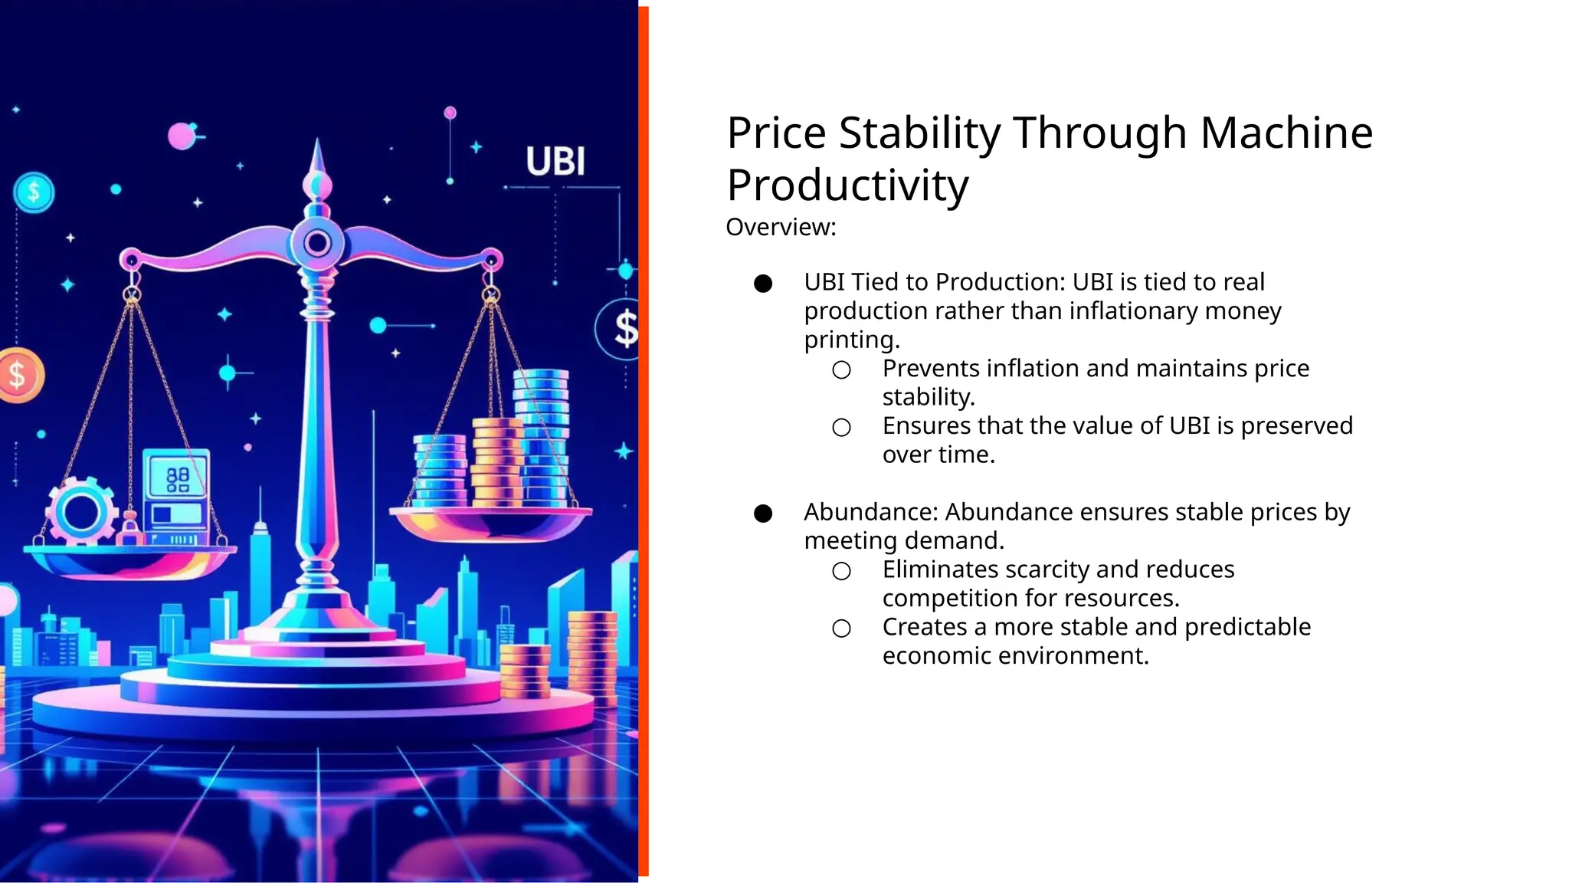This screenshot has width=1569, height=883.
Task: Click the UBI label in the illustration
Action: point(555,162)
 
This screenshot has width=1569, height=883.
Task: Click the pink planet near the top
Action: point(182,136)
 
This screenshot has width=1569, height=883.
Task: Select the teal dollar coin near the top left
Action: point(34,192)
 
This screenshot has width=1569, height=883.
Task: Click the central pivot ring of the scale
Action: point(317,244)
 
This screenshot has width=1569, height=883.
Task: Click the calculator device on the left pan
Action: point(177,494)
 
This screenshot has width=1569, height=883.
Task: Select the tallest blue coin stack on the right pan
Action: point(541,437)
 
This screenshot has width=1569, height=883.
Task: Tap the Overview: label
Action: point(781,227)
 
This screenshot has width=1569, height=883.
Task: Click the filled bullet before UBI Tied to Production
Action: point(763,284)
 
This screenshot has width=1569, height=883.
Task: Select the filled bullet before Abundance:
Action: point(763,514)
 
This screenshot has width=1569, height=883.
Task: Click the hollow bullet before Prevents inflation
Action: point(841,370)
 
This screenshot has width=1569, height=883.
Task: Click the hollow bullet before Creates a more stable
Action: point(841,629)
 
